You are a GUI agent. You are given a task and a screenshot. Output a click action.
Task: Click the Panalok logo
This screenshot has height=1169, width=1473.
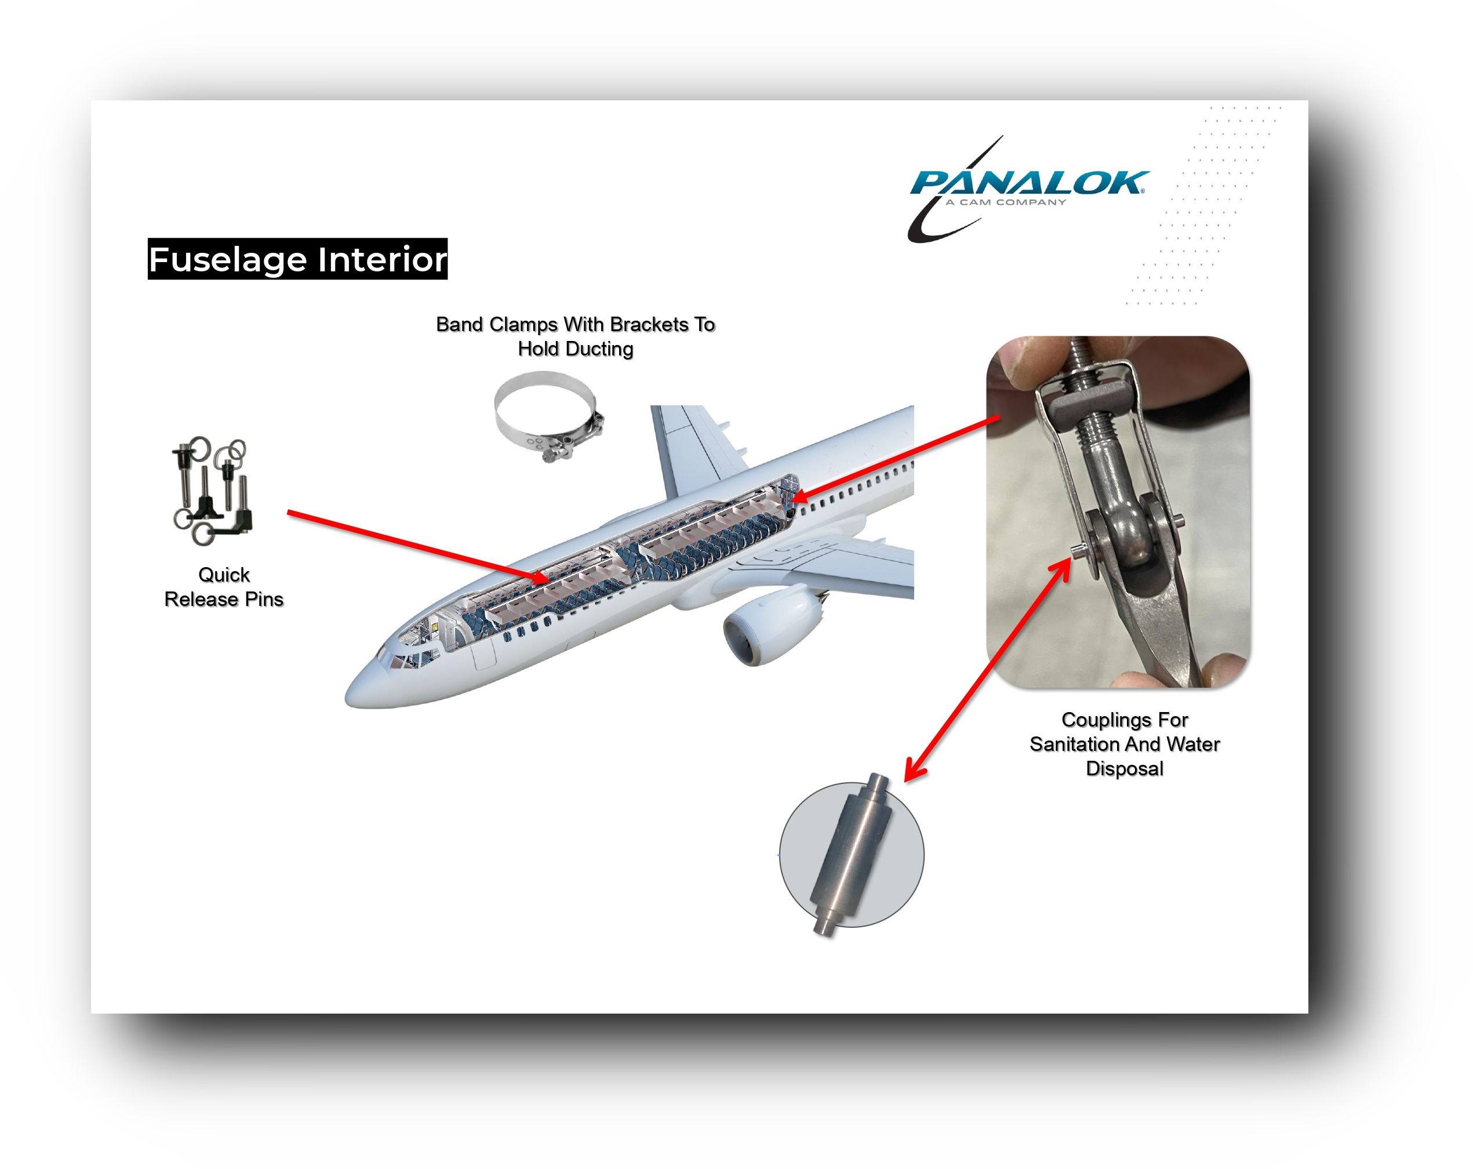1028,188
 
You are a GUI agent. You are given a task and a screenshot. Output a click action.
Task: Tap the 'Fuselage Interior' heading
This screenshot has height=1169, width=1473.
297,259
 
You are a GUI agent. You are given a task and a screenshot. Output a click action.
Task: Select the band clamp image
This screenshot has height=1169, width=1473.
548,417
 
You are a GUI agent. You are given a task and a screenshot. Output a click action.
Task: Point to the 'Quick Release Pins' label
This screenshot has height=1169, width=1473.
224,587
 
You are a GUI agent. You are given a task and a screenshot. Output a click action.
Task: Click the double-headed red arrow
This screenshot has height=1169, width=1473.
988,670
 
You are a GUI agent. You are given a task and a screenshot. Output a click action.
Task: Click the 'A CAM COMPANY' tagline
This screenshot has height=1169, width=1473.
1005,202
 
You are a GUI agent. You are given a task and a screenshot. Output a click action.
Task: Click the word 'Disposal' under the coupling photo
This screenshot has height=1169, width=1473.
1125,769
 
